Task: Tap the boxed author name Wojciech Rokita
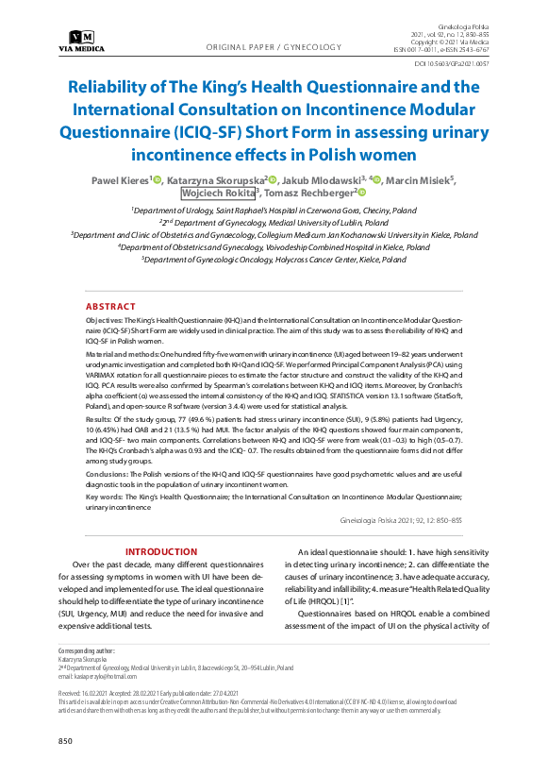pyautogui.click(x=216, y=194)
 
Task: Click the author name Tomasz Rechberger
pyautogui.click(x=308, y=194)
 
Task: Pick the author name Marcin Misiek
pyautogui.click(x=423, y=179)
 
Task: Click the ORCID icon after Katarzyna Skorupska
pyautogui.click(x=273, y=179)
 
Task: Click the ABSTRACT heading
pyautogui.click(x=110, y=308)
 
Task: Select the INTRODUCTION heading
pyautogui.click(x=161, y=551)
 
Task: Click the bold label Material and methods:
pyautogui.click(x=131, y=349)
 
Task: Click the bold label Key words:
pyautogui.click(x=107, y=495)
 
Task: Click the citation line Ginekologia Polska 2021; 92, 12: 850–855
pyautogui.click(x=400, y=519)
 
